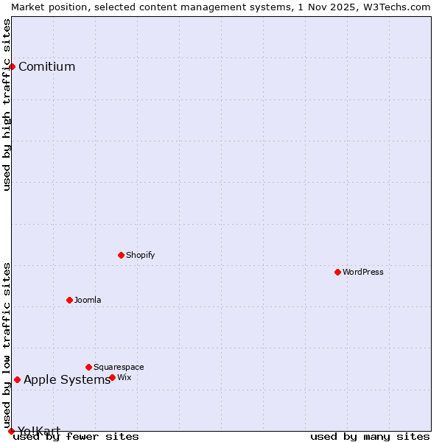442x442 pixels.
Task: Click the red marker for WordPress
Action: (337, 272)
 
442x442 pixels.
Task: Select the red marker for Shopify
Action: (121, 255)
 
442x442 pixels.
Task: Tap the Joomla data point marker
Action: (69, 300)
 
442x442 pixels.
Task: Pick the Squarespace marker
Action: (88, 367)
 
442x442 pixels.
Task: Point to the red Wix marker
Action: (112, 377)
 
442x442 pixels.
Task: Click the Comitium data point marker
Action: (12, 67)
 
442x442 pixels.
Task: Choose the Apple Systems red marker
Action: (17, 379)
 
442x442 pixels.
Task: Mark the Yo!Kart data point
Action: (11, 431)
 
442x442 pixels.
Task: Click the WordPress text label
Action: (363, 273)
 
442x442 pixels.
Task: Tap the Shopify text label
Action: (141, 256)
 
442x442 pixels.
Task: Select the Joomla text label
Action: (88, 301)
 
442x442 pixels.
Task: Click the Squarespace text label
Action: (119, 368)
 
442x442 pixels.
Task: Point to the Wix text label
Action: (124, 378)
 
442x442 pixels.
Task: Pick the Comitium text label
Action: (46, 67)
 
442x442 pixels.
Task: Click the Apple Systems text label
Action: (67, 380)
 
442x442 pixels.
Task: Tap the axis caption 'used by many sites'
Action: (370, 437)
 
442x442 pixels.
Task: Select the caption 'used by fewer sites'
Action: (77, 437)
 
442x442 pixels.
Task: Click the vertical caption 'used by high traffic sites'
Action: (7, 105)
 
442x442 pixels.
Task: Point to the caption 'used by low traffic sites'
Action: (7, 345)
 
